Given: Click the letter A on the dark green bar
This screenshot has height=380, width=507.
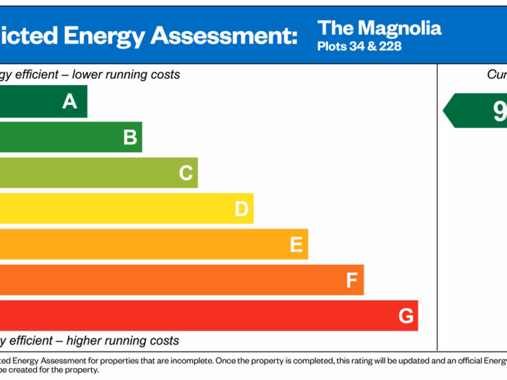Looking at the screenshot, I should click(x=70, y=101).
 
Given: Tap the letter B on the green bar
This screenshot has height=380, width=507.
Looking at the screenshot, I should click(x=130, y=137).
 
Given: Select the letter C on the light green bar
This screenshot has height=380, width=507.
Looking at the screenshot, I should click(x=186, y=173).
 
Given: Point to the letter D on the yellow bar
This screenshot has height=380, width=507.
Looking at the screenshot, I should click(x=241, y=209).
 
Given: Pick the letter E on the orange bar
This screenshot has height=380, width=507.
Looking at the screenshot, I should click(x=296, y=244).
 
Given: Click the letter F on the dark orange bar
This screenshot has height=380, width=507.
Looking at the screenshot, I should click(x=352, y=281).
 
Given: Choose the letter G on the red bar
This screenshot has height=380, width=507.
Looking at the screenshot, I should click(x=406, y=316).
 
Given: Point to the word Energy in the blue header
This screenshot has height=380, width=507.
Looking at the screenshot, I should click(x=104, y=36).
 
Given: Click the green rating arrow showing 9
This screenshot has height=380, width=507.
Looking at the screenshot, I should click(x=475, y=110).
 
